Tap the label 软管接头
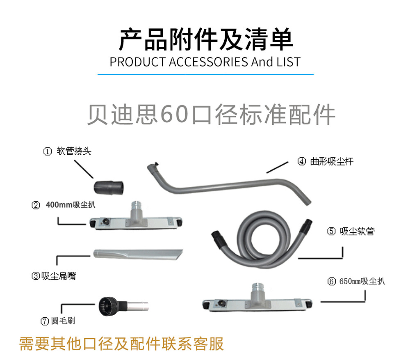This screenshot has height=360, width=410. click(x=74, y=151)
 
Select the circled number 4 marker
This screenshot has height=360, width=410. click(x=301, y=161)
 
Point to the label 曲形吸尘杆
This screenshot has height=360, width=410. click(x=332, y=161)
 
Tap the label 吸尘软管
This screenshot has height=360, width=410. click(x=357, y=231)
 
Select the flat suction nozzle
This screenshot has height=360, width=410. click(x=138, y=255)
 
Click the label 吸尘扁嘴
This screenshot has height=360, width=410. click(x=59, y=276)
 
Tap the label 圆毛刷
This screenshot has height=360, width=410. click(x=63, y=321)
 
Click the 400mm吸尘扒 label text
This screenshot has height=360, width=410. click(x=71, y=205)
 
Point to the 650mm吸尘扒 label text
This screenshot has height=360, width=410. click(x=362, y=281)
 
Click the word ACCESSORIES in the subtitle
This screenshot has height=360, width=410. click(x=208, y=62)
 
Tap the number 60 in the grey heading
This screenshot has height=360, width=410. click(x=174, y=115)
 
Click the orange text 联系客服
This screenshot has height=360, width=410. click(x=192, y=344)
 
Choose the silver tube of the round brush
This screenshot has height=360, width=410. click(x=137, y=306)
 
